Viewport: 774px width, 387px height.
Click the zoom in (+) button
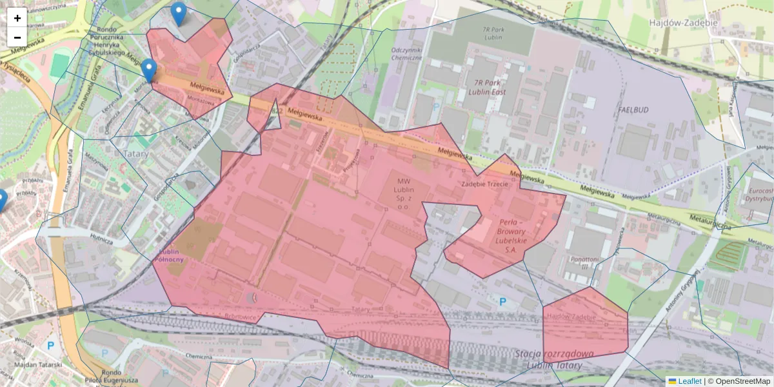(x=17, y=17)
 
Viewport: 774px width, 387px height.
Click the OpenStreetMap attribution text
(x=742, y=381)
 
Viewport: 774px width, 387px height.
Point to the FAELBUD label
(x=632, y=110)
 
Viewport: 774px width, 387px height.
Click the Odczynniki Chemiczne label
(x=406, y=54)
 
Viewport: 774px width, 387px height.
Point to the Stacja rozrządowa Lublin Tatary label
(x=555, y=359)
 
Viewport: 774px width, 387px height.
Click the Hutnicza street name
(x=101, y=241)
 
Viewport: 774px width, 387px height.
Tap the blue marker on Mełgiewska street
(x=149, y=70)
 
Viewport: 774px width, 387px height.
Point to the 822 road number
(x=277, y=111)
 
